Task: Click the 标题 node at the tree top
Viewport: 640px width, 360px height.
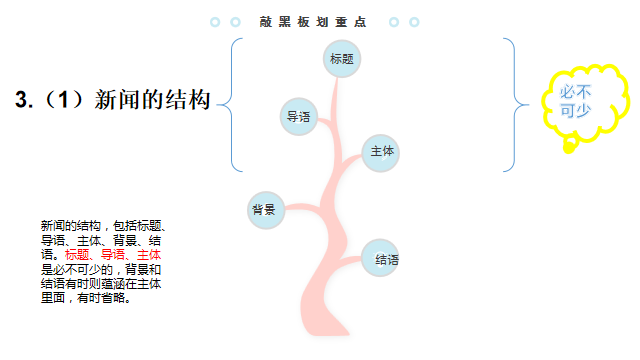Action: (x=342, y=58)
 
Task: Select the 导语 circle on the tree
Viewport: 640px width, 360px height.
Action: (x=298, y=116)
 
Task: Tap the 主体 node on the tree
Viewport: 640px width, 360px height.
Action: (x=382, y=152)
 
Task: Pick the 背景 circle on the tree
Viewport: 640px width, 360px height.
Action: (x=265, y=209)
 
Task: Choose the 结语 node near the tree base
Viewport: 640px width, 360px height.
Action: (x=383, y=259)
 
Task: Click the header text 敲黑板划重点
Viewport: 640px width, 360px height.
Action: (x=312, y=21)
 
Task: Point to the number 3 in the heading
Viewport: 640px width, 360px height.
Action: (x=22, y=100)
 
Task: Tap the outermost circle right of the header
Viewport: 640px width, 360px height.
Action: (x=414, y=21)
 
